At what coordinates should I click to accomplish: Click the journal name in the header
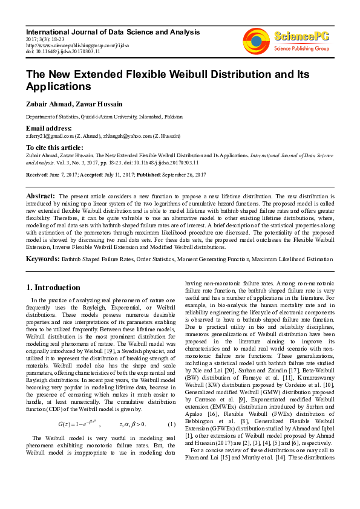113,31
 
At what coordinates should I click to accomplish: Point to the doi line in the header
63,51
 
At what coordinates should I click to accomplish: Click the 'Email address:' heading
49,128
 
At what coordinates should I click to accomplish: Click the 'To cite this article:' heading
54,148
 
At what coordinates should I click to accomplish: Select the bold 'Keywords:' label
42,259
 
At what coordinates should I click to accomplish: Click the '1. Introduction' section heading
54,287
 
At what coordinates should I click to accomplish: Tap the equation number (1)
171,423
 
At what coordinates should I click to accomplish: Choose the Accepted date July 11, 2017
123,175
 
